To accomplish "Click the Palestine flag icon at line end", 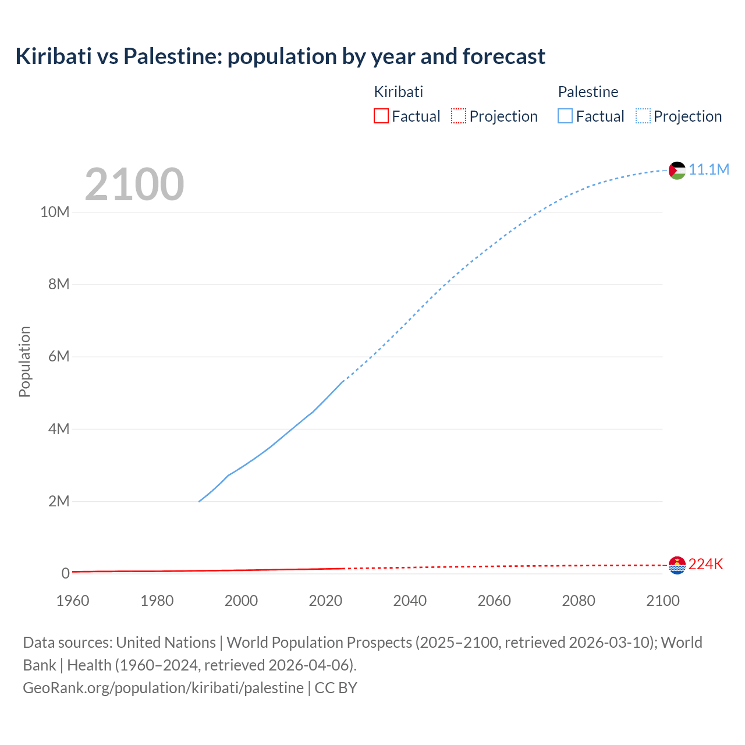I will pos(677,171).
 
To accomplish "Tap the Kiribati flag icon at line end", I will pos(677,565).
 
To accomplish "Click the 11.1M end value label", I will pos(709,169).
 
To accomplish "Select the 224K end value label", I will pos(705,564).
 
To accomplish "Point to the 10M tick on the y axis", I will pos(55,212).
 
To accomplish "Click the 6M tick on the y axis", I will pos(59,356).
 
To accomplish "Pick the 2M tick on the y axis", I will pos(59,501).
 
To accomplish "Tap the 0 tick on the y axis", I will pos(65,573).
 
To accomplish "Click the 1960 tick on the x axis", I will pos(73,601).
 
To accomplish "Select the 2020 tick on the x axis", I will pos(325,601).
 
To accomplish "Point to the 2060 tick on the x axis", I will pos(494,601).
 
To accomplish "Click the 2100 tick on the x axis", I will pos(662,601).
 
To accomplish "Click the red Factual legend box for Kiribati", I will pos(381,116).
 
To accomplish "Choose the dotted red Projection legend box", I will pos(459,116).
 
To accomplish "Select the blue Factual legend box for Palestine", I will pos(565,116).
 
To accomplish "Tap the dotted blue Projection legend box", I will pos(643,116).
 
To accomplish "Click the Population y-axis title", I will pos(24,361).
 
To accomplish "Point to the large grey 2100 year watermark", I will pos(134,185).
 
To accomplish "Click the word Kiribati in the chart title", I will pos(54,56).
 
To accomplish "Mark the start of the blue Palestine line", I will pos(199,501).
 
